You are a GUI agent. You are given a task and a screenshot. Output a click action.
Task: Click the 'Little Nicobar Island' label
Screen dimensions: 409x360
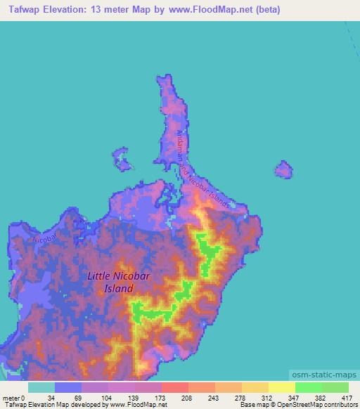pos(116,282)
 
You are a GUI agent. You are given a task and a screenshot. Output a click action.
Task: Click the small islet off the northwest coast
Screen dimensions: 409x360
pos(124,161)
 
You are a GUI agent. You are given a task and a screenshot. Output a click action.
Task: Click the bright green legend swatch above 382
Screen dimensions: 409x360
pos(309,387)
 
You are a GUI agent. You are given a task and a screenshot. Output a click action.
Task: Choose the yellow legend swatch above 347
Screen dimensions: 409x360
pos(282,387)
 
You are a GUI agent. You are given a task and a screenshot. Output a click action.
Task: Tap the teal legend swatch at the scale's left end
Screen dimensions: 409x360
pos(41,387)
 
